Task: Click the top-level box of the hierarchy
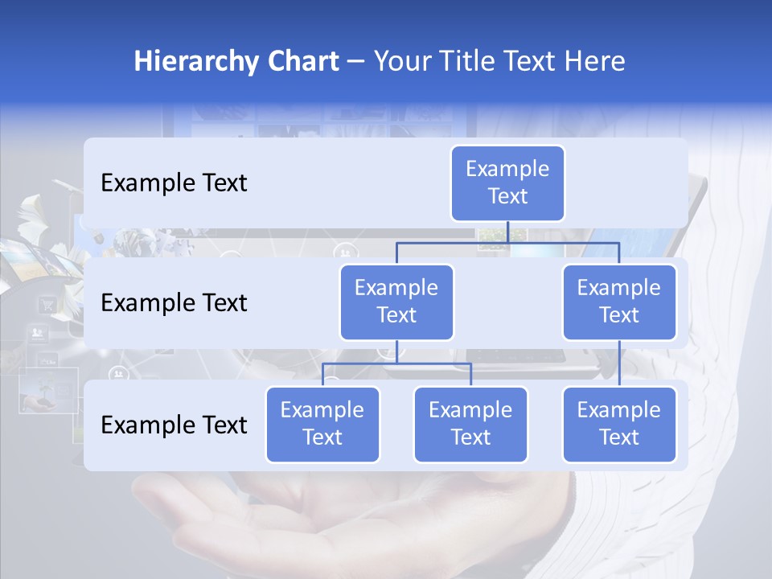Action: click(x=507, y=183)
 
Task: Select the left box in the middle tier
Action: click(x=396, y=302)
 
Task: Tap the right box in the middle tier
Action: click(x=619, y=302)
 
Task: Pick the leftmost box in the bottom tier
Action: click(x=322, y=424)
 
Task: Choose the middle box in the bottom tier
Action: click(x=470, y=424)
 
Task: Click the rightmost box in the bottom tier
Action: click(x=619, y=424)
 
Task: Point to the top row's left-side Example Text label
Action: click(x=174, y=183)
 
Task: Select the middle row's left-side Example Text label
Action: click(x=174, y=302)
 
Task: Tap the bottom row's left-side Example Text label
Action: click(x=174, y=425)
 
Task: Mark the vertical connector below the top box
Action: click(x=507, y=232)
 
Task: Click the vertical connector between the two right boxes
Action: click(x=619, y=363)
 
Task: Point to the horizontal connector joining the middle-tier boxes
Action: click(x=507, y=242)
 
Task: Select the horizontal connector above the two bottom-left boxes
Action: click(x=396, y=363)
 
